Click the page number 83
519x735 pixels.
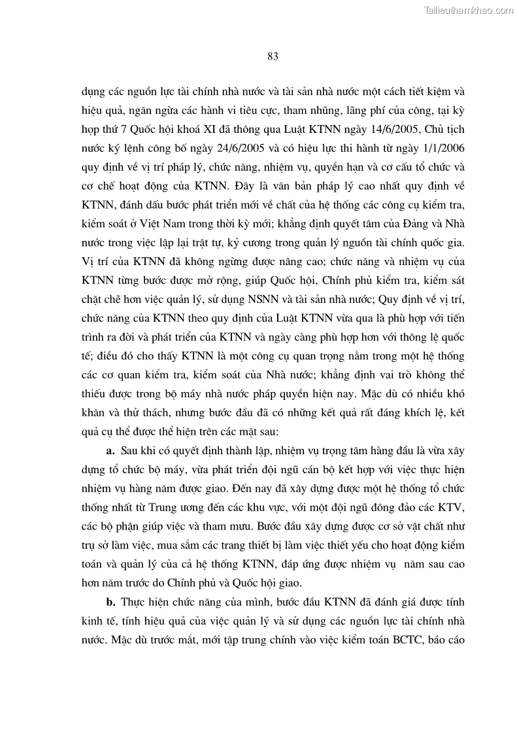[x=273, y=57]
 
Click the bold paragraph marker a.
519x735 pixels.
[x=110, y=451]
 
